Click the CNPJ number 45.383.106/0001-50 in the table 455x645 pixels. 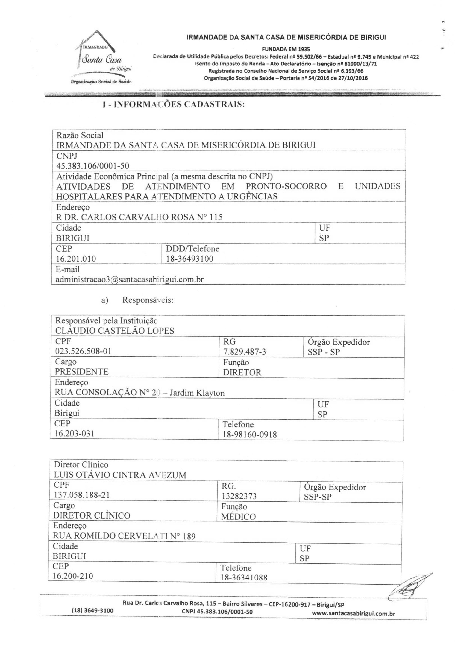click(93, 166)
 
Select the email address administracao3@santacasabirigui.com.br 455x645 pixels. click(130, 279)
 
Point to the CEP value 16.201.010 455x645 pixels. click(76, 259)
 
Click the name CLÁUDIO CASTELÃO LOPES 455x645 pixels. click(115, 331)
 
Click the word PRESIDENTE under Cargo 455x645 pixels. click(82, 372)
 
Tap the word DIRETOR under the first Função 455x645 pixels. click(242, 372)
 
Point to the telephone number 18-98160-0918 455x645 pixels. click(250, 435)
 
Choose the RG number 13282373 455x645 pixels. click(239, 496)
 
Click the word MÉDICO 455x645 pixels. click(238, 517)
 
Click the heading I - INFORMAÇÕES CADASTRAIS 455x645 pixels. click(174, 105)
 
